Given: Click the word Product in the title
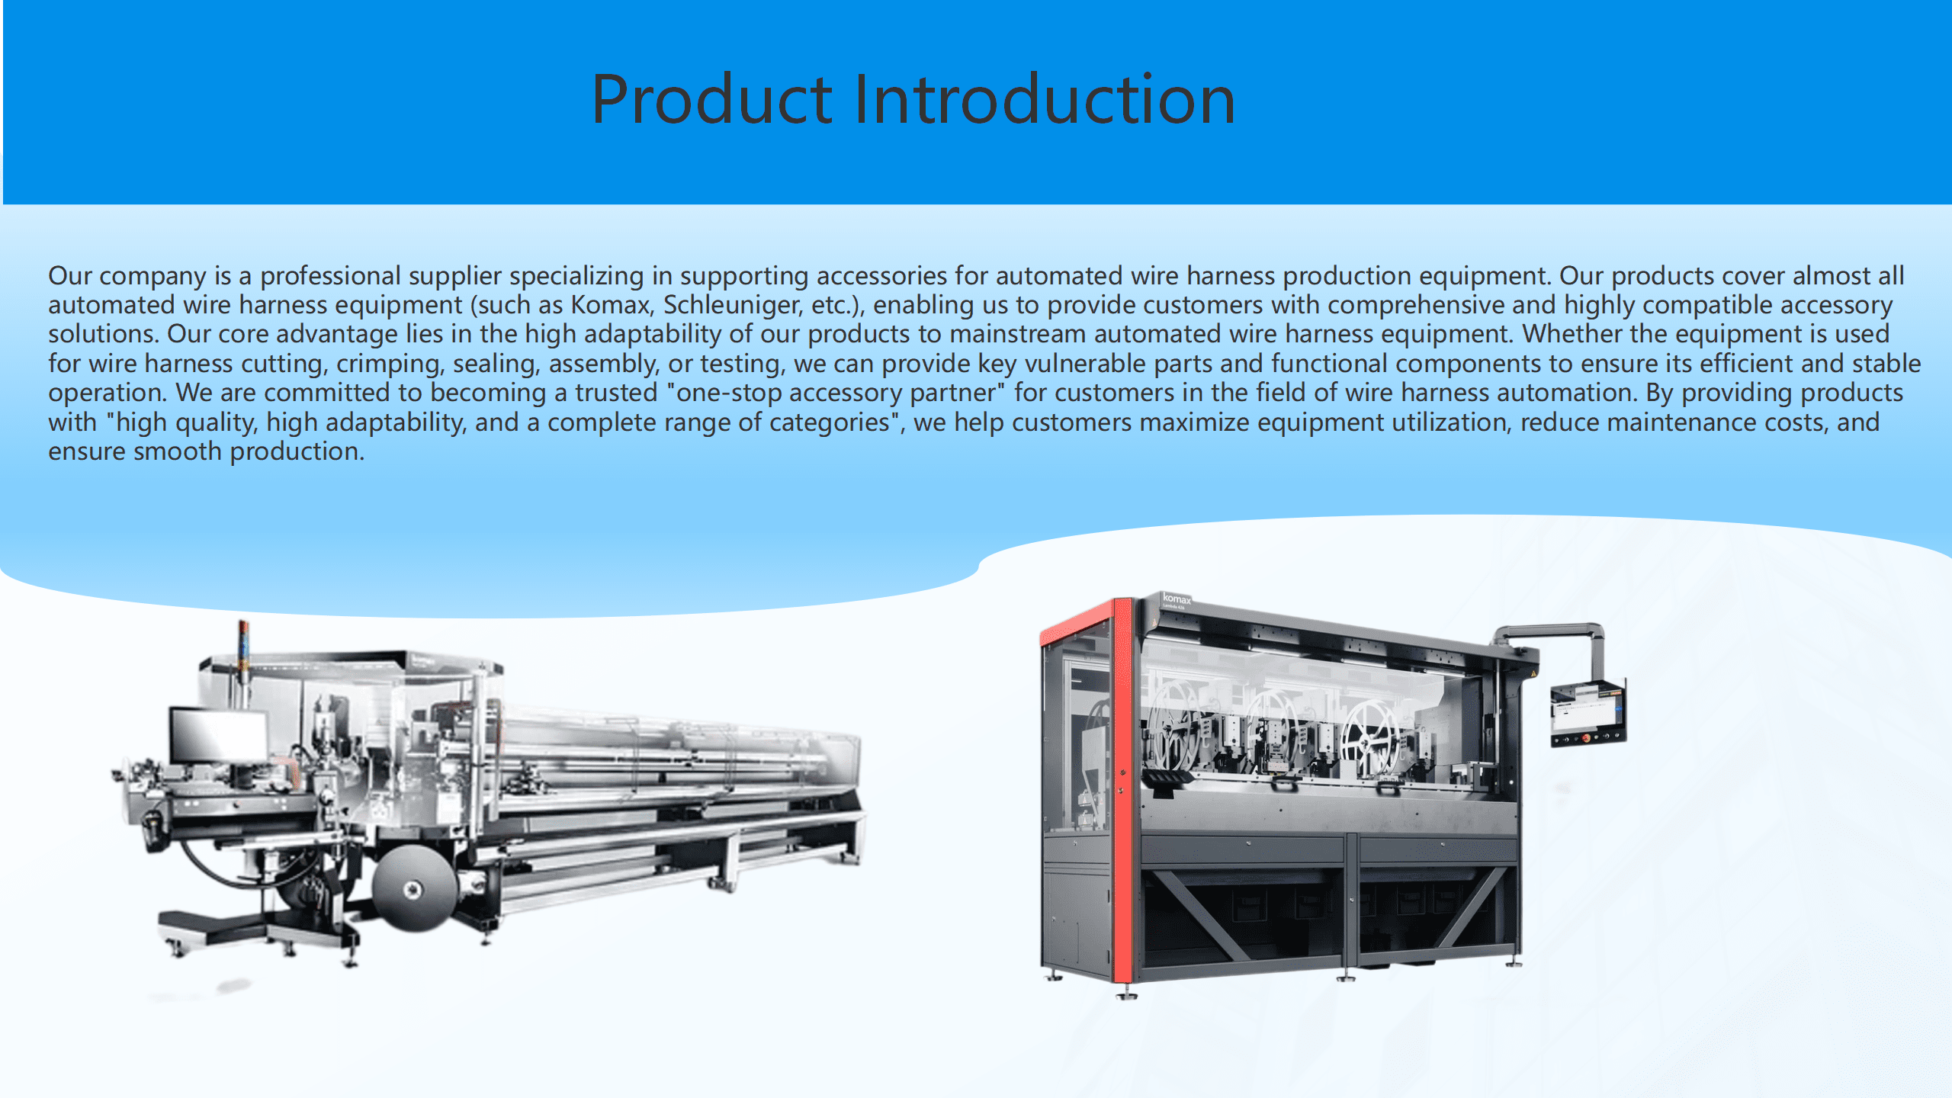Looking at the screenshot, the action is (x=712, y=99).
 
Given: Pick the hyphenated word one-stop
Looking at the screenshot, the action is (x=728, y=393).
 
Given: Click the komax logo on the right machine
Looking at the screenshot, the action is (x=1177, y=599).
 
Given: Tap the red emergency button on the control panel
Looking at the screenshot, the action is (x=1587, y=737).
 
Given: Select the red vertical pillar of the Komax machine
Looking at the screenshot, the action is (x=1122, y=790).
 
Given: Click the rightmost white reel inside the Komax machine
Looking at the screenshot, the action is (x=1371, y=736).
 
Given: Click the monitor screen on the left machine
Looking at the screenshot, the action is (x=218, y=735).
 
